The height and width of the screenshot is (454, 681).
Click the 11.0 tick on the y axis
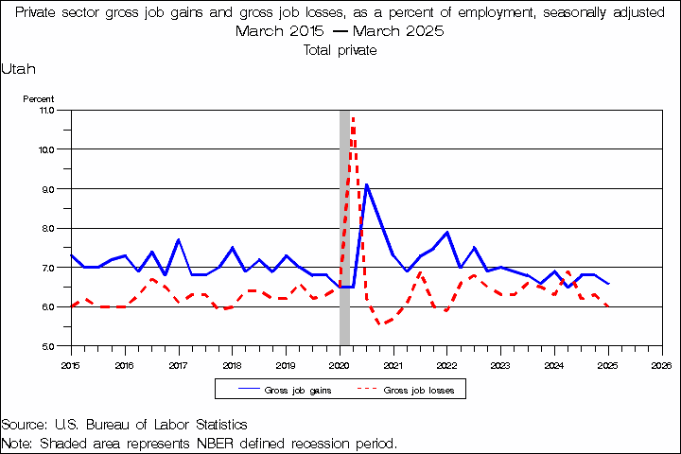(x=46, y=110)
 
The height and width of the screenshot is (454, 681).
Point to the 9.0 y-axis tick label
(x=46, y=188)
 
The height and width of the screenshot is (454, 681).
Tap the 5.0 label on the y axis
(x=46, y=346)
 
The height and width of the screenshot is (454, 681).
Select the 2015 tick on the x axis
(x=71, y=363)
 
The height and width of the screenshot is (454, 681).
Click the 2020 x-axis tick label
(x=340, y=363)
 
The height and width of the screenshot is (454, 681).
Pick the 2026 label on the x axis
(x=662, y=363)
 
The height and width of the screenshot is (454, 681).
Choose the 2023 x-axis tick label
(x=500, y=363)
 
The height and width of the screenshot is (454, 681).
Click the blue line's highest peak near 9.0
(x=366, y=184)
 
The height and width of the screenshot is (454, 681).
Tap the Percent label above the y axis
(x=39, y=98)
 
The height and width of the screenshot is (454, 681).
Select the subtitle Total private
(x=340, y=50)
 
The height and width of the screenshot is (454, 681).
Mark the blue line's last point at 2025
(x=608, y=284)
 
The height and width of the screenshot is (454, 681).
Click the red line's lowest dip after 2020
(x=380, y=323)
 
